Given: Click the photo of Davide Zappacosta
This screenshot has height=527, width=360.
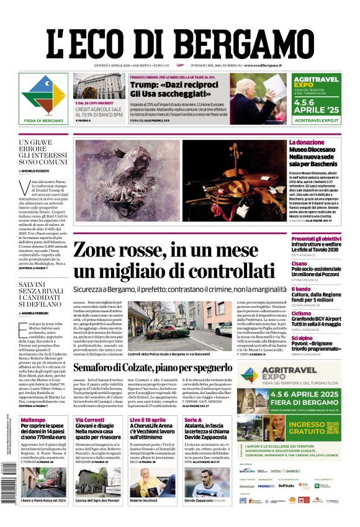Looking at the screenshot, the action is (x=206, y=481).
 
